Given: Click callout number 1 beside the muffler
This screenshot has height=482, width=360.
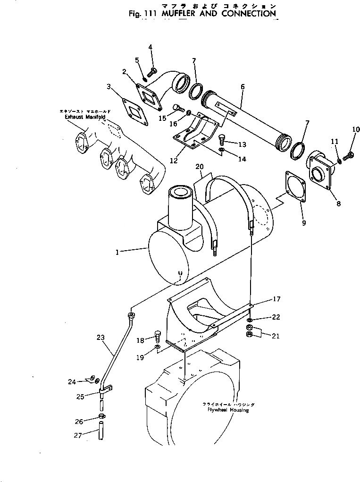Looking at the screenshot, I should click(x=117, y=253).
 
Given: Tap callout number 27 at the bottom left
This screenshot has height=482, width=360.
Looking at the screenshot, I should click(x=78, y=436).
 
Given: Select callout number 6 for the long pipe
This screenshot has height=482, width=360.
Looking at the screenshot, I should click(x=243, y=87).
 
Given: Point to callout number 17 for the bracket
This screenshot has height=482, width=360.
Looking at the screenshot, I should click(x=276, y=299).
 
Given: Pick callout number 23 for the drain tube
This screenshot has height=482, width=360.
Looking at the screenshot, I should click(x=100, y=338).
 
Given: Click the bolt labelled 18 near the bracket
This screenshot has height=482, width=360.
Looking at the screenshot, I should click(x=159, y=338).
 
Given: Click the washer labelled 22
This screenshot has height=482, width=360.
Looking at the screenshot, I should click(x=250, y=320).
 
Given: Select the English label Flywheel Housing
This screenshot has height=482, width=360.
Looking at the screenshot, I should click(x=228, y=410).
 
